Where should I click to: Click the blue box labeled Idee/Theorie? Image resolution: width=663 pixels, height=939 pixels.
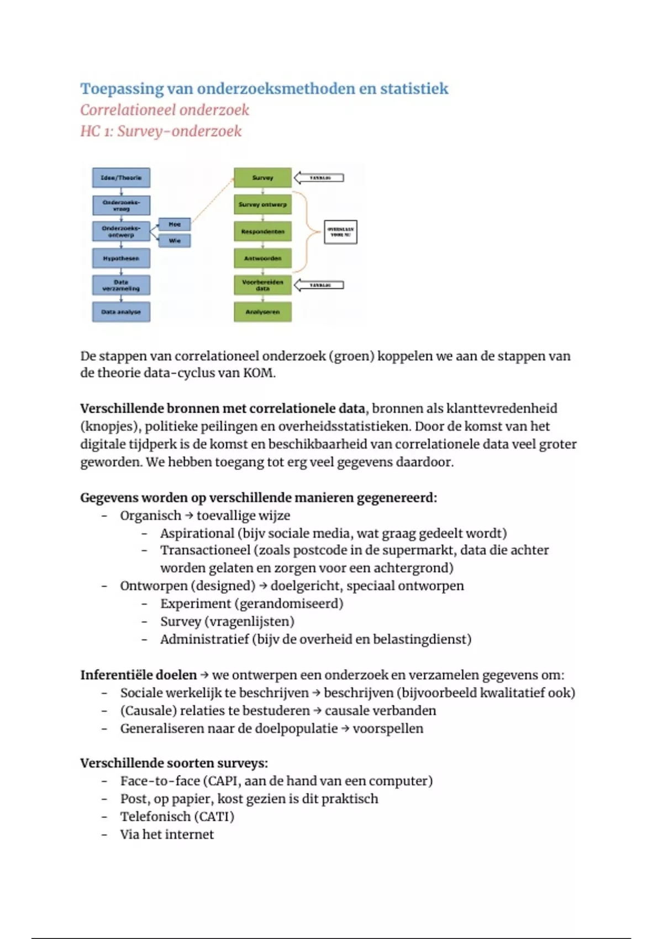tap(121, 178)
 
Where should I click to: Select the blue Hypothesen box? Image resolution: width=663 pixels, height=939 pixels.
tap(121, 259)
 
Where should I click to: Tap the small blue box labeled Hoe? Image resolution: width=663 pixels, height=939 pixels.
tap(175, 224)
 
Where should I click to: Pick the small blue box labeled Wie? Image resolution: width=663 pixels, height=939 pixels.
tap(175, 241)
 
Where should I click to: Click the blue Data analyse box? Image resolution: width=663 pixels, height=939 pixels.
tap(121, 312)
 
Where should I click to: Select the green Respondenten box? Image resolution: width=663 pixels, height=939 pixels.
tap(262, 231)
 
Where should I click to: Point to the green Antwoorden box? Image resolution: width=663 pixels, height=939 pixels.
tap(262, 259)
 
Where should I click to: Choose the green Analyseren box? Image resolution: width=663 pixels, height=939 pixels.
tap(262, 312)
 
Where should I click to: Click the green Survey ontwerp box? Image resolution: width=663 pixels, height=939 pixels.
tap(262, 204)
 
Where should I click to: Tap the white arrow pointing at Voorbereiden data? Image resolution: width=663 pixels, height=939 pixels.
tap(319, 285)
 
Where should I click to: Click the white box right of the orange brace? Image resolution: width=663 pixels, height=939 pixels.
tap(340, 232)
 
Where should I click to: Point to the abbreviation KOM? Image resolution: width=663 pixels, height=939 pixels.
tap(258, 373)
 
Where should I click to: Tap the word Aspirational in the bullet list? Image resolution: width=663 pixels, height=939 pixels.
tap(197, 534)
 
